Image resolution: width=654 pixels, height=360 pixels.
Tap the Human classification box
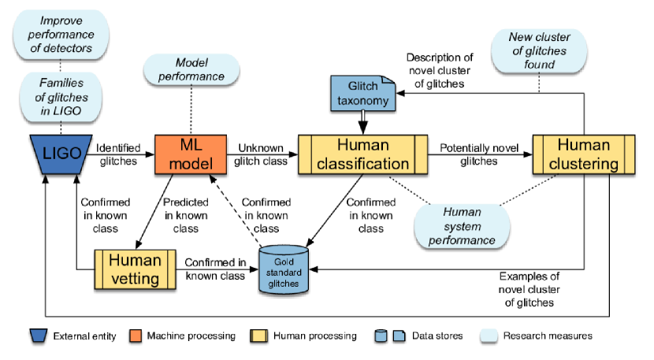363,153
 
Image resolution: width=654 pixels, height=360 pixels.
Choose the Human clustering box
583,153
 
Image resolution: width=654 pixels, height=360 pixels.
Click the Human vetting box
134,268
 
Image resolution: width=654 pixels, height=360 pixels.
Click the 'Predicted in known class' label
187,215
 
